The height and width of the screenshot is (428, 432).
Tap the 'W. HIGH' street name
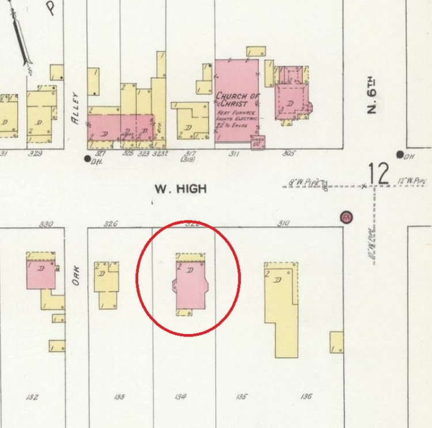[180, 188]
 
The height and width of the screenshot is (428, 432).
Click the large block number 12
[380, 174]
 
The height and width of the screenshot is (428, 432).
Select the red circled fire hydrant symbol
[346, 217]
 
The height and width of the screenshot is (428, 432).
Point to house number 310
[283, 224]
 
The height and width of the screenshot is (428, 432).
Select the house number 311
[234, 154]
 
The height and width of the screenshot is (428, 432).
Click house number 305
[289, 154]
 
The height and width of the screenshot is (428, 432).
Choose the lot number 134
[181, 396]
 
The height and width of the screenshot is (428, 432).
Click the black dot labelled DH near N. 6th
[399, 154]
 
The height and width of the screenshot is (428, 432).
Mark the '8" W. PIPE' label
[302, 182]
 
